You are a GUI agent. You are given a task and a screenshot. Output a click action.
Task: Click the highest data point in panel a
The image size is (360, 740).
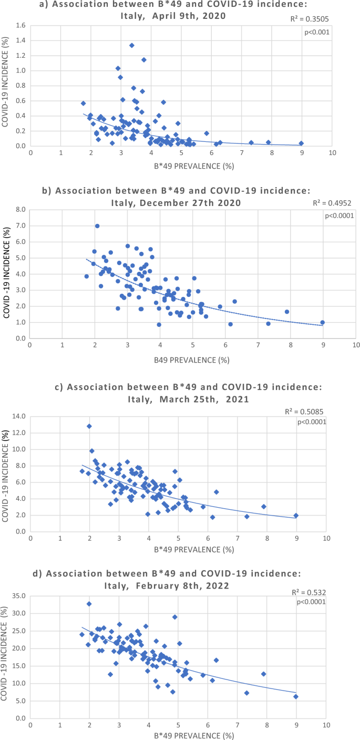(x=131, y=45)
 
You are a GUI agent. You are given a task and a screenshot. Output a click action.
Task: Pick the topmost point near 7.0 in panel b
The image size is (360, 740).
(x=97, y=226)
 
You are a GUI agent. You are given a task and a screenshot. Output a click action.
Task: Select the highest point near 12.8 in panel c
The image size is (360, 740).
(x=89, y=426)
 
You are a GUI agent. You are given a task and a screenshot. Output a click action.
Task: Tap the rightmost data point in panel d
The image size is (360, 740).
(x=296, y=696)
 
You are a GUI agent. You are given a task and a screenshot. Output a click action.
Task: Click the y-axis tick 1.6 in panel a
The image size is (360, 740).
(x=20, y=26)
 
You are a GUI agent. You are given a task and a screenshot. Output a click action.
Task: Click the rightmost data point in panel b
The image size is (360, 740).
(x=322, y=322)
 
